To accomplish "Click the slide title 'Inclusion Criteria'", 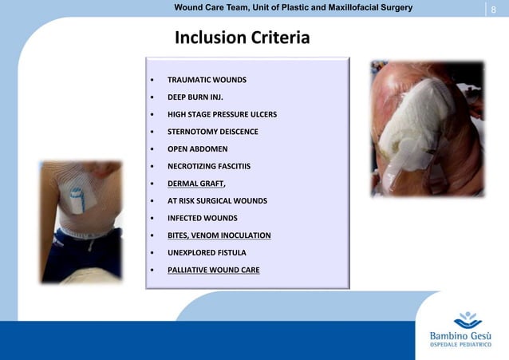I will tap(241, 38).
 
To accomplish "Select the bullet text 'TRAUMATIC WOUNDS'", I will tap(207, 80).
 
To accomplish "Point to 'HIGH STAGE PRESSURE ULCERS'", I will tap(222, 114).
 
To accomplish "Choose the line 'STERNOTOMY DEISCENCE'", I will tap(212, 131).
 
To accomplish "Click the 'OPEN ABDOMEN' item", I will tap(197, 148).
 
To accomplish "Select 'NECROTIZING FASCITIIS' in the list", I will tap(208, 166).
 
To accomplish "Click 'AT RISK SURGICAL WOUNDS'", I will tap(217, 200).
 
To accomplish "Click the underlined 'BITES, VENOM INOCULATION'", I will tap(219, 235).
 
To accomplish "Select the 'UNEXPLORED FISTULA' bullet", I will tap(207, 252).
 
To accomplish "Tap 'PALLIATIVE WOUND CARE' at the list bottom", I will tap(213, 270).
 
